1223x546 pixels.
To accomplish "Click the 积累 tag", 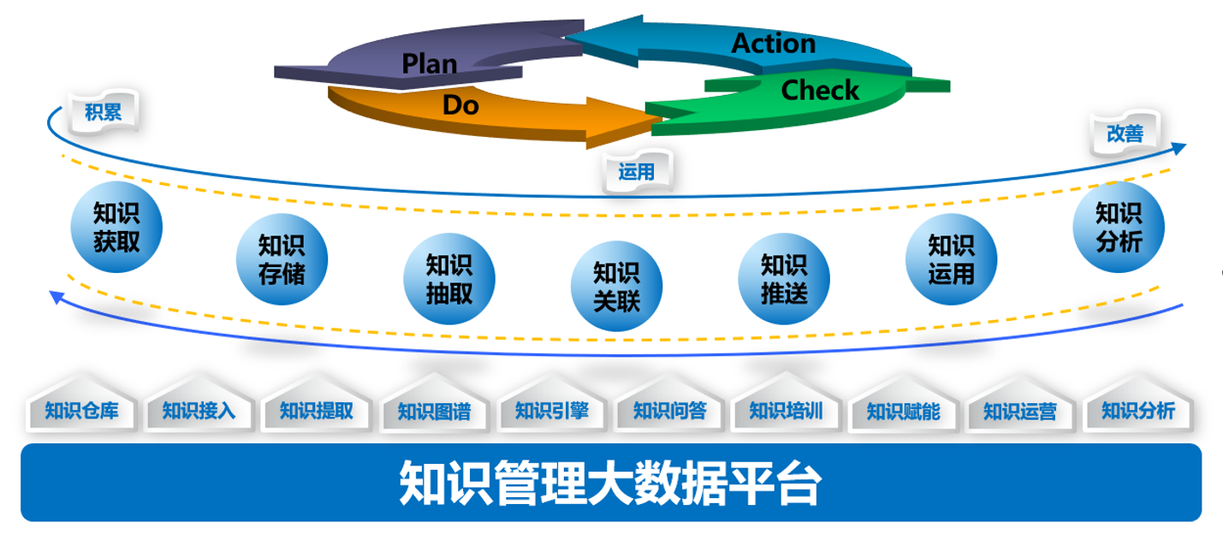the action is (x=104, y=112).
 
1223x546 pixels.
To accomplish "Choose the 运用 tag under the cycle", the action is (x=637, y=171).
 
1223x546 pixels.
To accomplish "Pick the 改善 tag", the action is (x=1125, y=134).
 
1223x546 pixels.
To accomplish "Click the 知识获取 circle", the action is (x=116, y=227).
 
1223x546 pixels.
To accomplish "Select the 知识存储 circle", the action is (x=282, y=258).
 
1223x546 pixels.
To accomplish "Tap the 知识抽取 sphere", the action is (x=448, y=278).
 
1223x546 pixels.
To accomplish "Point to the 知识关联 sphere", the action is (x=616, y=286).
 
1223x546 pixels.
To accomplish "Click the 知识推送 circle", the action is (x=784, y=278).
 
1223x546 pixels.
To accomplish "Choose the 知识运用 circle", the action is (x=951, y=258).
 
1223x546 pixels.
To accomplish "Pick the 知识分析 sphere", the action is (x=1119, y=227).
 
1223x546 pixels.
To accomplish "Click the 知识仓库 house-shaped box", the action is (x=81, y=404).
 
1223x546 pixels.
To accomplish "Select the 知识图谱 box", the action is (x=434, y=404).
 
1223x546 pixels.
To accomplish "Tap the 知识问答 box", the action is (x=669, y=404).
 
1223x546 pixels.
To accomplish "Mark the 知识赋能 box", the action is (x=904, y=404).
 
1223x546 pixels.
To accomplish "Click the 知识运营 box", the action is (x=1020, y=404).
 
